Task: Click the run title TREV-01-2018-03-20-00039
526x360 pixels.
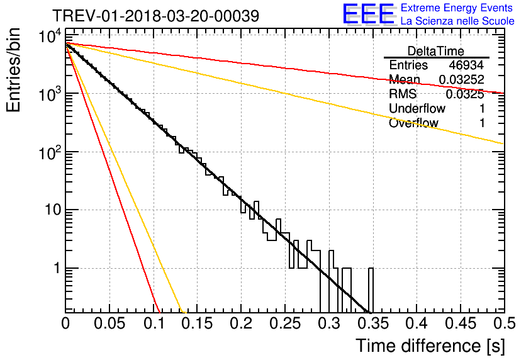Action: tap(155, 15)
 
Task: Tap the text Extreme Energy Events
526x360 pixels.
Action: tap(457, 8)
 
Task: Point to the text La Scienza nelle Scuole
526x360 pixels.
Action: tap(457, 21)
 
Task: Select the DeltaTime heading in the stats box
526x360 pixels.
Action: tap(435, 51)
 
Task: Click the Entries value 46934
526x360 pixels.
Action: tap(466, 65)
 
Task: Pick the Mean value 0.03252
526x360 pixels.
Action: tap(461, 80)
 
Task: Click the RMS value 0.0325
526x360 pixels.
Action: tap(464, 94)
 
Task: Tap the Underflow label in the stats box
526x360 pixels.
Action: tap(417, 109)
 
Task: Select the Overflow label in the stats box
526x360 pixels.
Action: tap(413, 123)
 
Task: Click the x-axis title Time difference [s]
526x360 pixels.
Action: tap(430, 346)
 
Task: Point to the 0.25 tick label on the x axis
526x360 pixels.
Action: tap(284, 325)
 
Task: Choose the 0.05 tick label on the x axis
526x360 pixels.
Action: tap(109, 325)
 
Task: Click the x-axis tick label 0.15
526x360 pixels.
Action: tap(197, 325)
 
